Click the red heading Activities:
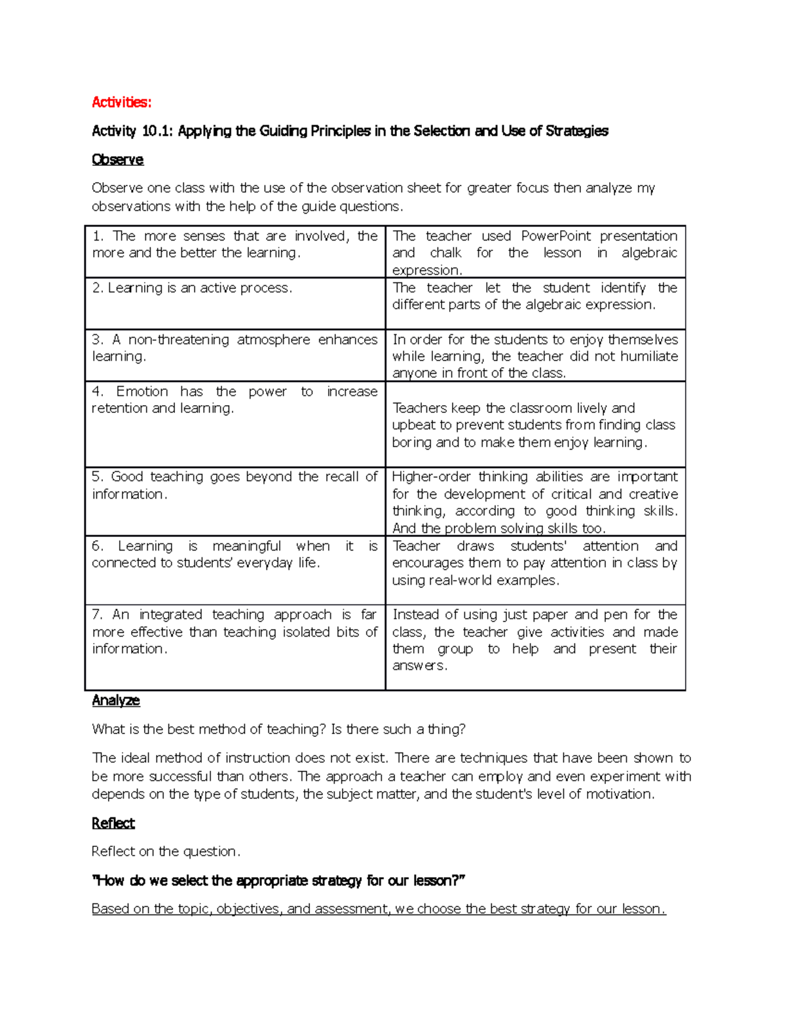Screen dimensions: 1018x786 pyautogui.click(x=121, y=102)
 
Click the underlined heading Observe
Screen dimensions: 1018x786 pyautogui.click(x=117, y=160)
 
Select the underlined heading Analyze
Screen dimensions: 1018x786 pyautogui.click(x=116, y=700)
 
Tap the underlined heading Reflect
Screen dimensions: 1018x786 pyautogui.click(x=113, y=823)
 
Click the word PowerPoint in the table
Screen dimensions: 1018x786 pyautogui.click(x=555, y=236)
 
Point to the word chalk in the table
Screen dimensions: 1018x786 pyautogui.click(x=445, y=253)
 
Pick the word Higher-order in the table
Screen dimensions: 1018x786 pyautogui.click(x=430, y=477)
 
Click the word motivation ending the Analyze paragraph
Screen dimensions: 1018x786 pyautogui.click(x=619, y=794)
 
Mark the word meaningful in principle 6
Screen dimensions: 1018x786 pyautogui.click(x=246, y=546)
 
